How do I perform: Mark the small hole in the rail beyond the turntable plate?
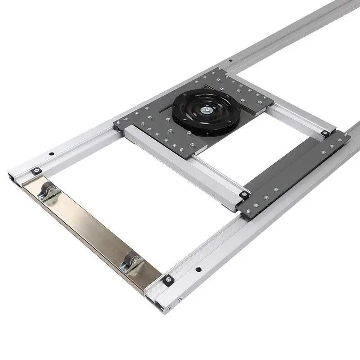coord(230,60)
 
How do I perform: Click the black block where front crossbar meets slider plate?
coord(244,194)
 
